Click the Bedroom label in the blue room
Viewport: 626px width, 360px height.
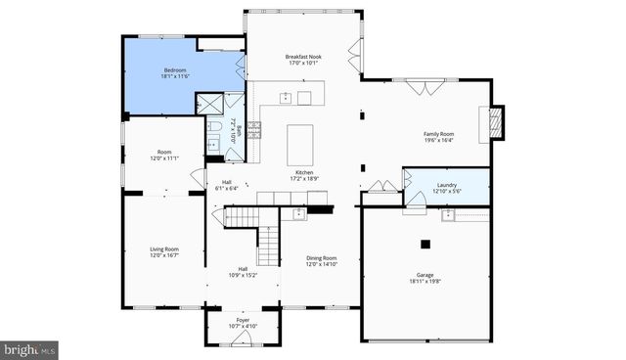(175, 70)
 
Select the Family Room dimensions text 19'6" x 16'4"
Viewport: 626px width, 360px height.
(438, 140)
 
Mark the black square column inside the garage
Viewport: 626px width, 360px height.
(425, 244)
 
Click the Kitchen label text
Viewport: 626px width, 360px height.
(304, 172)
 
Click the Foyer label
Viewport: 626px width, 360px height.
(243, 319)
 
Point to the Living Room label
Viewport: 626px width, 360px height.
(163, 248)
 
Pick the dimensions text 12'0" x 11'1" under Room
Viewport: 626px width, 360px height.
(164, 158)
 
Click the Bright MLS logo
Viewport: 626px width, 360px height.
(29, 348)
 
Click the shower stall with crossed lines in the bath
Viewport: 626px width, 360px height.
(209, 106)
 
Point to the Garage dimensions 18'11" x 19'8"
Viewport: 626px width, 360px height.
(425, 282)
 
